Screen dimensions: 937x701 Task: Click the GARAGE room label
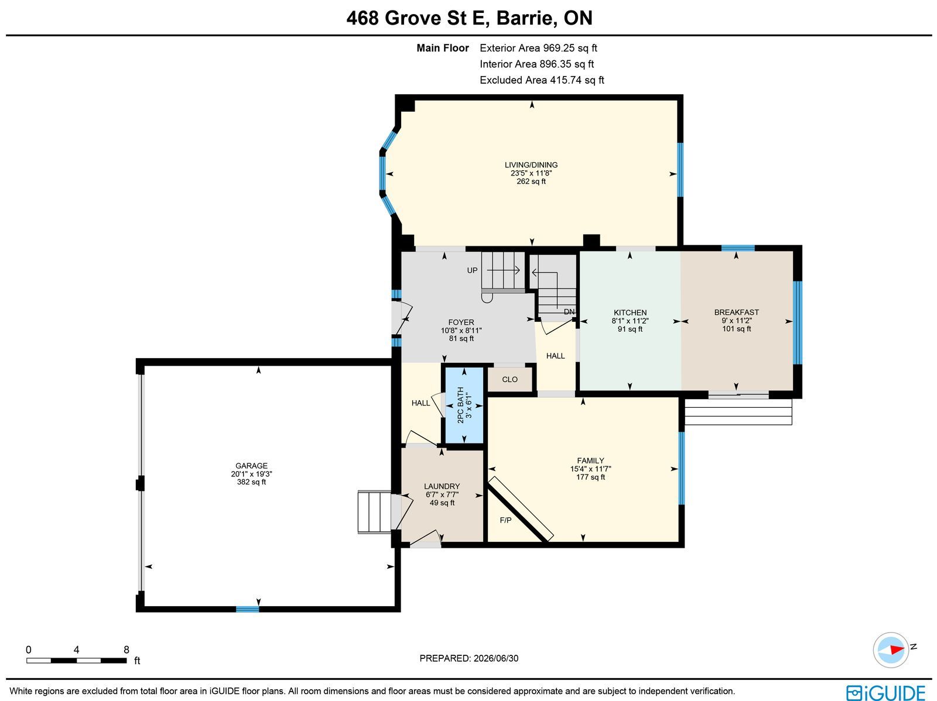[251, 466]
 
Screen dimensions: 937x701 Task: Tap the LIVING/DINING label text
[531, 165]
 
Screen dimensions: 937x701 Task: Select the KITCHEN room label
[630, 312]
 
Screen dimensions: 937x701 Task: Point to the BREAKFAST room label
[736, 312]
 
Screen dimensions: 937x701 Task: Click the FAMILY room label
[590, 461]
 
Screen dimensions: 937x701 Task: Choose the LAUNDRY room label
[442, 486]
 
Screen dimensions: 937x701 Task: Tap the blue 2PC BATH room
[464, 405]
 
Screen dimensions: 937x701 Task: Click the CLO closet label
[509, 380]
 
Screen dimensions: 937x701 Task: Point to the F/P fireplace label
[505, 520]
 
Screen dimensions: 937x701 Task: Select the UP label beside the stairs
[472, 270]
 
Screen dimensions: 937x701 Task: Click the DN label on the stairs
[569, 312]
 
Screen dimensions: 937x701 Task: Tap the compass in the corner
[891, 650]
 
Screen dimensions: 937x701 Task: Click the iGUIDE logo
[885, 692]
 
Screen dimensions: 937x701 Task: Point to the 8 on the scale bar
[126, 650]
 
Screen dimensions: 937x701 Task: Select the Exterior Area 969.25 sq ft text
[538, 48]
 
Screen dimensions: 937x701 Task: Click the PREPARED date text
[468, 658]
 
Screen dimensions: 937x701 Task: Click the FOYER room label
[461, 322]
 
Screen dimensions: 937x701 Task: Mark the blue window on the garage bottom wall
[248, 609]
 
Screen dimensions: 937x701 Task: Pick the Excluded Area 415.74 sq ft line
[542, 80]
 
